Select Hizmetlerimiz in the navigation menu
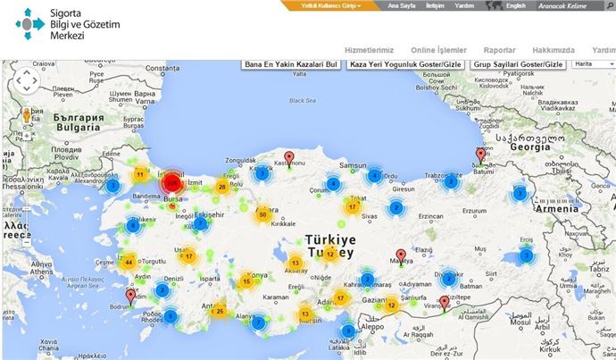click(x=369, y=51)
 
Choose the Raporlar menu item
click(x=499, y=51)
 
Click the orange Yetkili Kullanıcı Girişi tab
click(x=323, y=5)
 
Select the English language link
click(x=515, y=5)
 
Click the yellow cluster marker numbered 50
click(x=262, y=214)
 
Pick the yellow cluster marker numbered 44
click(x=129, y=263)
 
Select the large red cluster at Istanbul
click(x=172, y=182)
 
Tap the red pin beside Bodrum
click(x=131, y=296)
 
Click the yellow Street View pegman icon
click(x=27, y=115)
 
